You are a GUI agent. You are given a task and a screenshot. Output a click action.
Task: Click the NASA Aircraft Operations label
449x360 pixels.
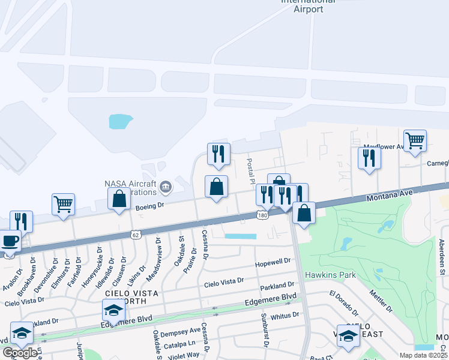click(x=130, y=188)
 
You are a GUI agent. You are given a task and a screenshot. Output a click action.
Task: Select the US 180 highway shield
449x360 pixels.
click(x=262, y=215)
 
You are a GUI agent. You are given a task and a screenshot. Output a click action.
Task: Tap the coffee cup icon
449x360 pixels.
click(x=10, y=241)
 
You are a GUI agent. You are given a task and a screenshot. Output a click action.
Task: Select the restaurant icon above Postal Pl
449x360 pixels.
click(x=218, y=154)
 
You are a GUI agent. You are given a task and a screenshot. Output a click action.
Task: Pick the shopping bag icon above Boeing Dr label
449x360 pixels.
click(x=119, y=199)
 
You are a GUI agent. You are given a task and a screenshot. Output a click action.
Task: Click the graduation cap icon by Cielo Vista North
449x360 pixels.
click(x=113, y=310)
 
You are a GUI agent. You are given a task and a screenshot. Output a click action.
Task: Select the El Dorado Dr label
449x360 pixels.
click(x=343, y=304)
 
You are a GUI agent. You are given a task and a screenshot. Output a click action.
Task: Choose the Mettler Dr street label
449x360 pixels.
click(x=381, y=300)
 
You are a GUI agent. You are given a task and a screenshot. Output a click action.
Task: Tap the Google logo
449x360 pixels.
click(x=19, y=353)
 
